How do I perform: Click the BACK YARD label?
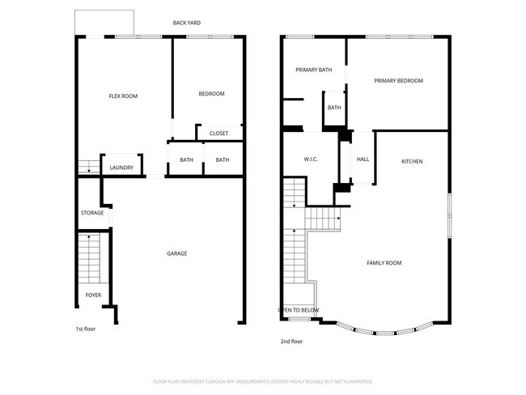point(187,23)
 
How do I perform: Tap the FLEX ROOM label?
point(123,96)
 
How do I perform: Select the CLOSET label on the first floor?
point(218,134)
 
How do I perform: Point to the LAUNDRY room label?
point(121,168)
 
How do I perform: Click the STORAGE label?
point(91,213)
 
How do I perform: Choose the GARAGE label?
point(176,253)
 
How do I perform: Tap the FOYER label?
point(93,295)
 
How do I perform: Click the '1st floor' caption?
point(86,329)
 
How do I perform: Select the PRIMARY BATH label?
point(313,70)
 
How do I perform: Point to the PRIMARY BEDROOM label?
point(397,80)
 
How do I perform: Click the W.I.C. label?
point(311,159)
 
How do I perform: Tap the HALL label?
point(363,159)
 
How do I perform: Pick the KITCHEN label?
point(412,162)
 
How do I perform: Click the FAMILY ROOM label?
point(384,263)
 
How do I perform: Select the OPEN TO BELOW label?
point(299,310)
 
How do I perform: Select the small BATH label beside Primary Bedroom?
point(334,108)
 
